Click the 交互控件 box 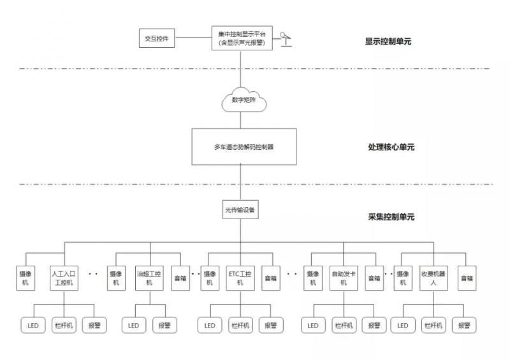point(157,38)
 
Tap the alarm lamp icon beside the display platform point(286,38)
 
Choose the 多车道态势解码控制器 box point(244,147)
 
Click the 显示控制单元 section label point(388,42)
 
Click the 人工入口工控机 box point(64,278)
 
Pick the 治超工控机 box point(149,278)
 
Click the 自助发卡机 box point(344,278)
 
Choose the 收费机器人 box point(433,278)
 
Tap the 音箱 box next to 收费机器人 point(467,278)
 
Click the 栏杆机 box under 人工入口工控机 point(64,325)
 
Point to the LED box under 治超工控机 point(133,325)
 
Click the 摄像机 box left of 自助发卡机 point(313,278)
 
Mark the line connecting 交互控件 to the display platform point(193,38)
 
